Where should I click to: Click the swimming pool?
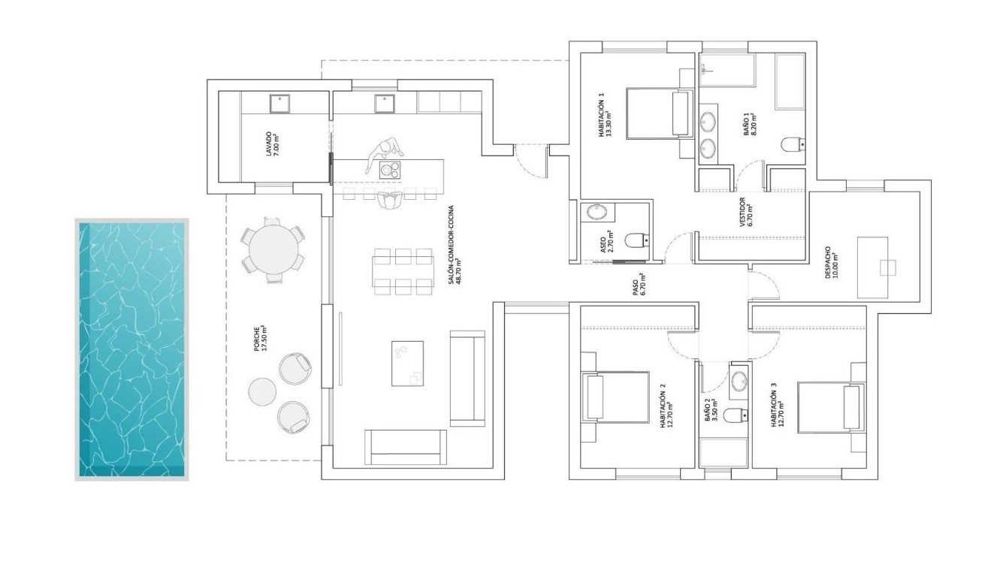pyautogui.click(x=132, y=349)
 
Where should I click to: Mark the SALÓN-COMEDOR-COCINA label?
pyautogui.click(x=455, y=256)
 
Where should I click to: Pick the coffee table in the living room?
pyautogui.click(x=407, y=364)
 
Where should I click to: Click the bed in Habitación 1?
pyautogui.click(x=658, y=113)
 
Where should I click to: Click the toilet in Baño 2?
pyautogui.click(x=736, y=413)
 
